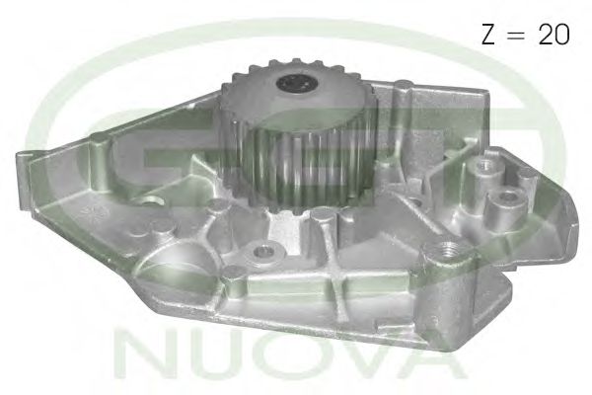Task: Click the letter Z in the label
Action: coord(486,35)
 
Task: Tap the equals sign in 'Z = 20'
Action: coord(517,36)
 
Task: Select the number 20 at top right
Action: coord(554,35)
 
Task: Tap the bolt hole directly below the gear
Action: coord(264,252)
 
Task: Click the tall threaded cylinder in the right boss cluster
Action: coord(482,168)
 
